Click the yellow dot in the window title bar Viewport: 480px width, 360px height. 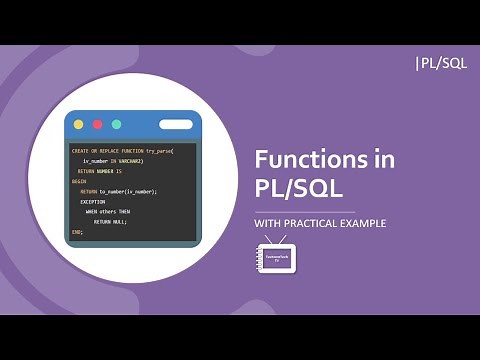(x=78, y=124)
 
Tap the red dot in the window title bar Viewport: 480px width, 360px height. (x=97, y=124)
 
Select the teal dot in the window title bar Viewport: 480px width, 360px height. (x=116, y=124)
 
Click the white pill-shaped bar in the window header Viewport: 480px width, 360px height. (x=175, y=124)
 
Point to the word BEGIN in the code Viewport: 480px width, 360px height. (x=79, y=181)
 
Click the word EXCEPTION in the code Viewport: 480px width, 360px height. (x=93, y=201)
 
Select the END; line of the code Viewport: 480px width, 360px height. (x=77, y=232)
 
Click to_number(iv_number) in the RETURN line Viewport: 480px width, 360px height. (x=128, y=191)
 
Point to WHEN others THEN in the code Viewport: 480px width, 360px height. (x=108, y=212)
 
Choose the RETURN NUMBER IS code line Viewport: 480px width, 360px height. (x=99, y=171)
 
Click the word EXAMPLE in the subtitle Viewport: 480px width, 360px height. (x=366, y=224)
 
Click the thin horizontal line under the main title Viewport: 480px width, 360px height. (x=305, y=211)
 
